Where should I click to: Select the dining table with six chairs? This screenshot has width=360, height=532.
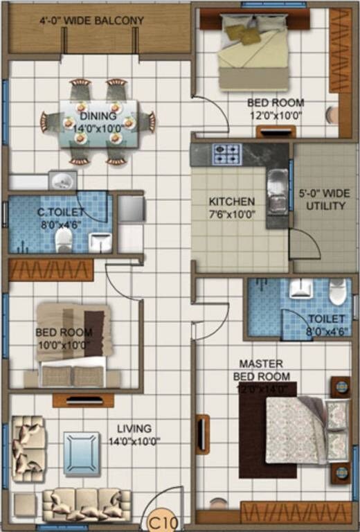point(98,123)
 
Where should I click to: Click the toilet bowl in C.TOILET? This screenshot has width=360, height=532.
point(64,239)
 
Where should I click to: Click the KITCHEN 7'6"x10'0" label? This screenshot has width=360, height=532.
point(232,208)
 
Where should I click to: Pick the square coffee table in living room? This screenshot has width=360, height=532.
point(82,454)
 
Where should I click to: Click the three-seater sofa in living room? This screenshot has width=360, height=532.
point(87,505)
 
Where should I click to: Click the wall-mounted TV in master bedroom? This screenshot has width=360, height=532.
point(201,434)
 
